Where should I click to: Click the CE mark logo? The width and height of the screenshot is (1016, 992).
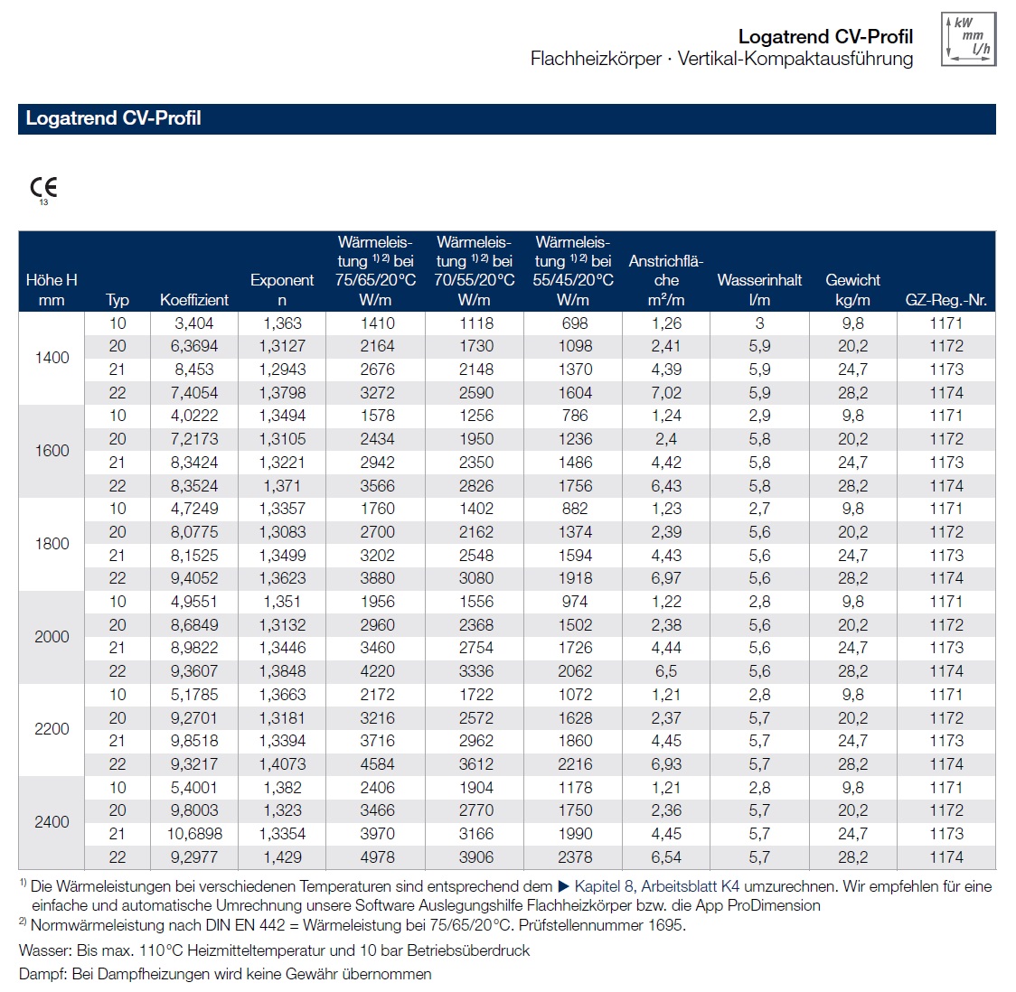coord(43,188)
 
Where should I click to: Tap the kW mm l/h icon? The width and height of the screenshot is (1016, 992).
coord(968,40)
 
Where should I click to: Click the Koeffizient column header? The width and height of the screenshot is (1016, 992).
coord(194,300)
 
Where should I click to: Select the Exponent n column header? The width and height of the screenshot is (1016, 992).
coord(282,290)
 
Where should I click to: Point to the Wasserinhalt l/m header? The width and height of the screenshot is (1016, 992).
coord(759,290)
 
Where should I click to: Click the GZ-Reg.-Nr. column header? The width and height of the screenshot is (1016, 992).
coord(945,300)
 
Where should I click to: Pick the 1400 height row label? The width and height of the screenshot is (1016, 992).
coord(52,358)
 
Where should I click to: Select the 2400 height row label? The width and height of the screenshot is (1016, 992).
coord(52,822)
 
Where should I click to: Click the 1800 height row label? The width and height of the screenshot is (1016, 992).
coord(52,544)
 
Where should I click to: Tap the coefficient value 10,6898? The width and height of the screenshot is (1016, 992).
coord(194,834)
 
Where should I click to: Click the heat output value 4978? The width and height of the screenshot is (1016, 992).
coord(377,857)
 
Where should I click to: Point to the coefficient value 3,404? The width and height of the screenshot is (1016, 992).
coord(194,323)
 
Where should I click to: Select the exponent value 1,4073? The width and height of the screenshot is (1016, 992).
coord(282,764)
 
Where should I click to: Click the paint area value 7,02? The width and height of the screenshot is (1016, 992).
coord(666,393)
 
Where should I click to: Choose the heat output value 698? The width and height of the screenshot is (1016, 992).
coord(574,323)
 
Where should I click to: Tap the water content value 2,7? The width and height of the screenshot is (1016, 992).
coord(759,509)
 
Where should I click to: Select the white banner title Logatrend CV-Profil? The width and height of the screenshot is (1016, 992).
coord(113,118)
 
